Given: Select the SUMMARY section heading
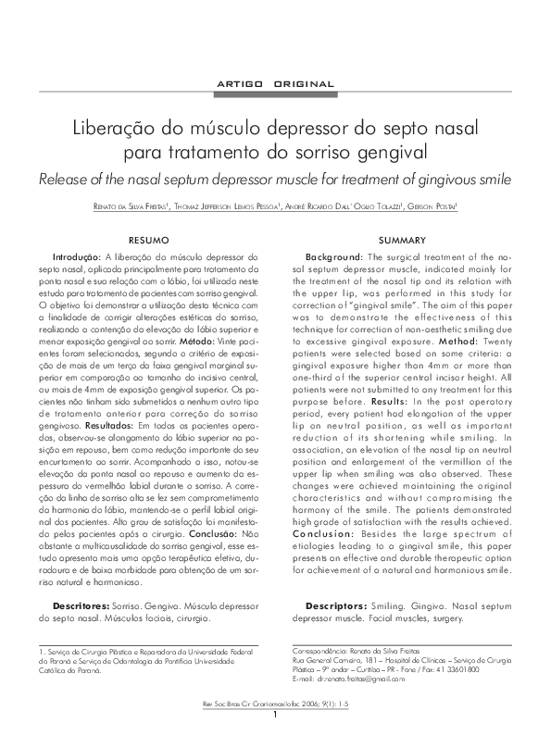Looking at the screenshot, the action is [x=402, y=239].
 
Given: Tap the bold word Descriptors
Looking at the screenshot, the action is [x=336, y=605].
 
